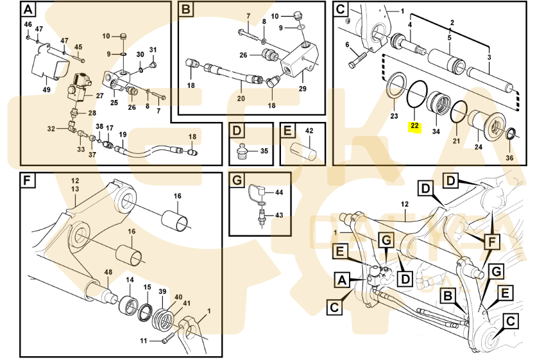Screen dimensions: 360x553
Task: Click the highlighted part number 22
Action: click(x=414, y=126)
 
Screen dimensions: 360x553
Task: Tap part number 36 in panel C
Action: click(x=510, y=158)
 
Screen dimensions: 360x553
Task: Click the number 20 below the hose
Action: click(x=241, y=98)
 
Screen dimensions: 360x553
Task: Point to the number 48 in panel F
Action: click(x=108, y=273)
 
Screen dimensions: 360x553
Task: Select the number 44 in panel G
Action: click(x=278, y=193)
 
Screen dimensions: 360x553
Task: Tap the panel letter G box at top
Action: click(x=237, y=181)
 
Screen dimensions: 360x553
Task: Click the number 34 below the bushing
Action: click(x=436, y=132)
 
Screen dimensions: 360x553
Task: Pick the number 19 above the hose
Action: click(x=123, y=134)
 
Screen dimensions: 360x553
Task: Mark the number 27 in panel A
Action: click(x=99, y=96)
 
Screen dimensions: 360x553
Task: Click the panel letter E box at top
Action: click(x=288, y=131)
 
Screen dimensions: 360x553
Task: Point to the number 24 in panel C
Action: click(x=479, y=147)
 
